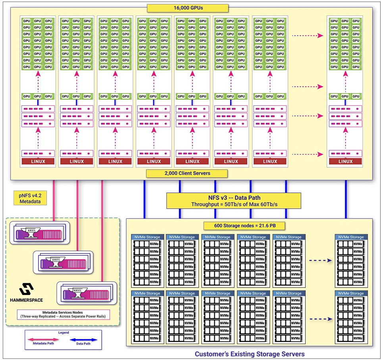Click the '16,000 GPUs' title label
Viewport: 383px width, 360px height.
tap(188, 8)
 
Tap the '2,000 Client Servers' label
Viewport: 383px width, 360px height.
tap(187, 173)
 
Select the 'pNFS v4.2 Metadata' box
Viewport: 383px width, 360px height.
tap(30, 198)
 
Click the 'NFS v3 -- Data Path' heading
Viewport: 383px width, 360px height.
tap(234, 198)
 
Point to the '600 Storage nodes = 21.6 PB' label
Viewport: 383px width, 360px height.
tap(244, 226)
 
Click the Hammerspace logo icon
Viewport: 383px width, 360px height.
tap(26, 289)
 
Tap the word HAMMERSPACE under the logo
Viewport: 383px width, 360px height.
tap(26, 300)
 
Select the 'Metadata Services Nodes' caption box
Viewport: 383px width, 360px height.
tap(63, 314)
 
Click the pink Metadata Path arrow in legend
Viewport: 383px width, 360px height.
tap(43, 339)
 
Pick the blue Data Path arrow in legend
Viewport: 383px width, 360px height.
tap(83, 339)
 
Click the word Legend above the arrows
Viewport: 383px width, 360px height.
tap(64, 332)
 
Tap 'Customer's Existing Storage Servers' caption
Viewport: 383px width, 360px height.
tap(250, 354)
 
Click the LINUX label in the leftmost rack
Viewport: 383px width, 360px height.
tap(38, 161)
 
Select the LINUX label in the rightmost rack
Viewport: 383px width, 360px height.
tap(345, 161)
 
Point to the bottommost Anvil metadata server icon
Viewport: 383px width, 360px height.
tap(87, 293)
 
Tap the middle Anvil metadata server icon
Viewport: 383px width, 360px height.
tap(63, 262)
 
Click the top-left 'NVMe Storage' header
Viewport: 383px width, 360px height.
tap(147, 237)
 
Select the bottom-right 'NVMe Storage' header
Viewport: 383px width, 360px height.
tap(351, 293)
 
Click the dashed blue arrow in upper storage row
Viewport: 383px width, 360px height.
tap(320, 260)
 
